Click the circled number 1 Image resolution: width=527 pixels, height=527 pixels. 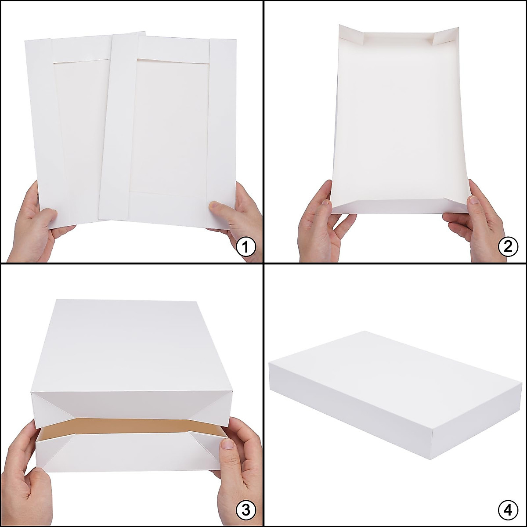245,247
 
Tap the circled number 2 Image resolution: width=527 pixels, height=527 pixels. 508,247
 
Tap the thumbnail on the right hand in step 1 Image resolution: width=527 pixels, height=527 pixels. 214,205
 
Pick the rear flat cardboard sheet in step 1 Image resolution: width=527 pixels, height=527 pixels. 66,132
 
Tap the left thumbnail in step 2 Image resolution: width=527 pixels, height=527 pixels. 325,202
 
